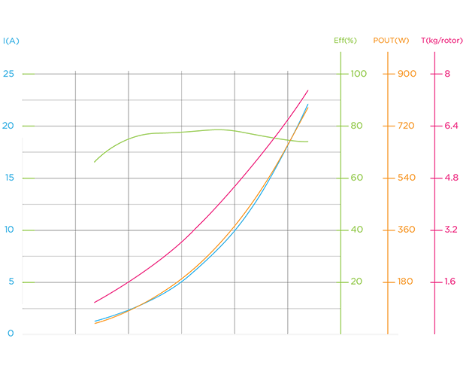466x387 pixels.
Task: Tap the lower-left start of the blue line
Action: (89, 319)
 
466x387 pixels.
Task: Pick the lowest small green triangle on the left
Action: (29, 282)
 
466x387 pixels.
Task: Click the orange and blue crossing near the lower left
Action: (132, 309)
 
